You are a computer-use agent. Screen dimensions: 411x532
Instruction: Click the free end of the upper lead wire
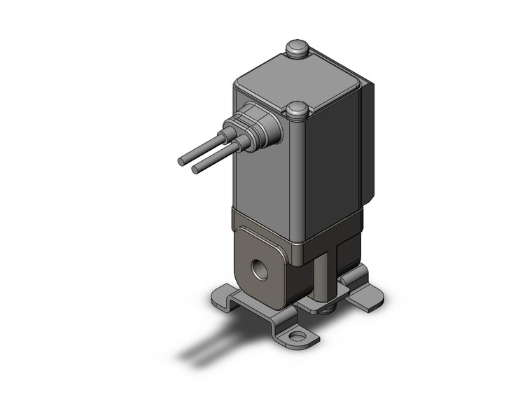click(182, 160)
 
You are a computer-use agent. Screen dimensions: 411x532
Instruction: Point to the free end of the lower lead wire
click(197, 169)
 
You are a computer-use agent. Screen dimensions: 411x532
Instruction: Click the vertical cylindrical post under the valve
click(322, 276)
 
